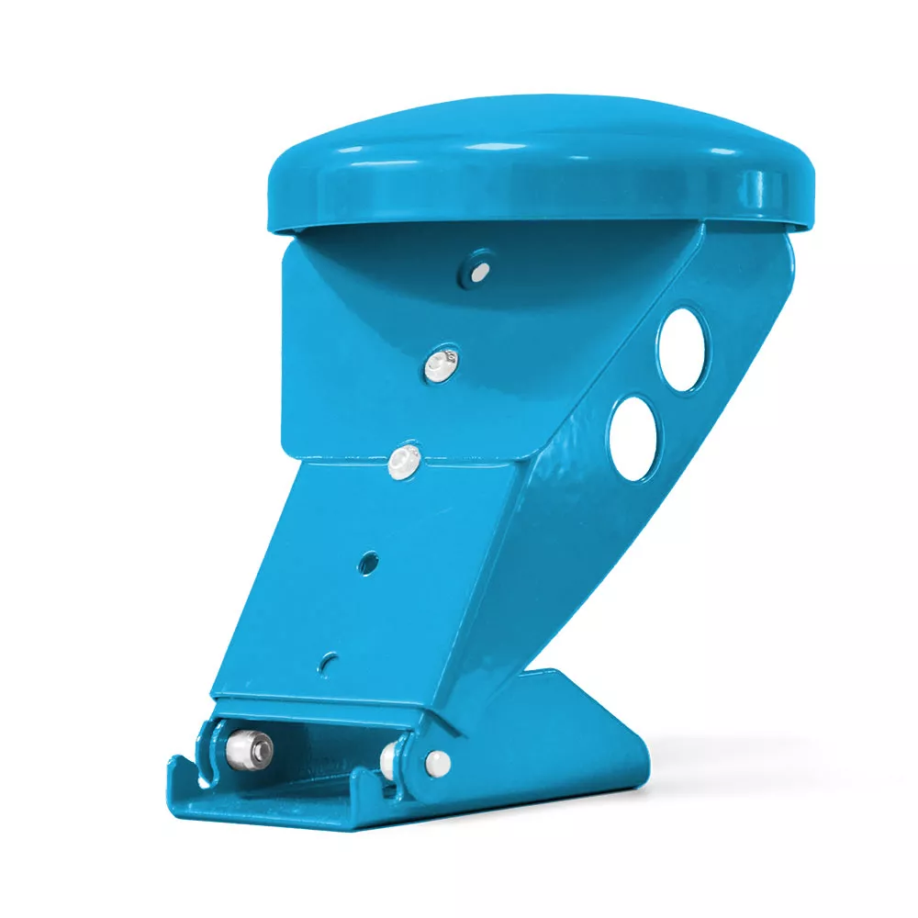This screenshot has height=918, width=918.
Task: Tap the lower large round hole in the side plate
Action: click(x=634, y=437)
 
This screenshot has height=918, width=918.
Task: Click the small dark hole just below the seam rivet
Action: click(x=369, y=560)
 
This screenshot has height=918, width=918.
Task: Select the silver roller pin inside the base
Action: click(x=250, y=748)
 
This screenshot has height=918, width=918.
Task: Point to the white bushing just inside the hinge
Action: click(x=391, y=756)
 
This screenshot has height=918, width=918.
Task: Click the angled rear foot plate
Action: click(x=588, y=725)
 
